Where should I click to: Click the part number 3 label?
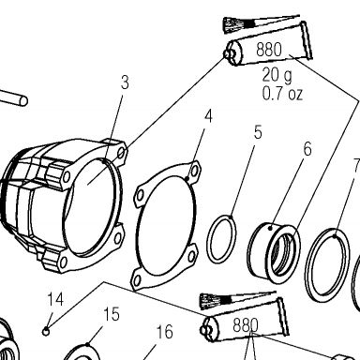point(125,82)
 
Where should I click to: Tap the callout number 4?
point(208,116)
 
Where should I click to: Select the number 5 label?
point(258,132)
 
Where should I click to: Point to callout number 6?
point(307,149)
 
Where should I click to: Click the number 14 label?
point(55,299)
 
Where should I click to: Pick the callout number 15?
point(112,314)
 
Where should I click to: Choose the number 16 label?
point(164,332)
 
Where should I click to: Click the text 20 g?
point(277,75)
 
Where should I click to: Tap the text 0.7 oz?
point(282,94)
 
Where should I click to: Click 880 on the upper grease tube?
point(269,50)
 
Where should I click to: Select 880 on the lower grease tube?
point(246,325)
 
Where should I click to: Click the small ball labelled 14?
point(46,331)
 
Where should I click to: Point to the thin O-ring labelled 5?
point(221,239)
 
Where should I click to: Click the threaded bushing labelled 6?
point(274,253)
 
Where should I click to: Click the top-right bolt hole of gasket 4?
point(195,171)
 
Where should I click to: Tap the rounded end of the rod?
point(23,101)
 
